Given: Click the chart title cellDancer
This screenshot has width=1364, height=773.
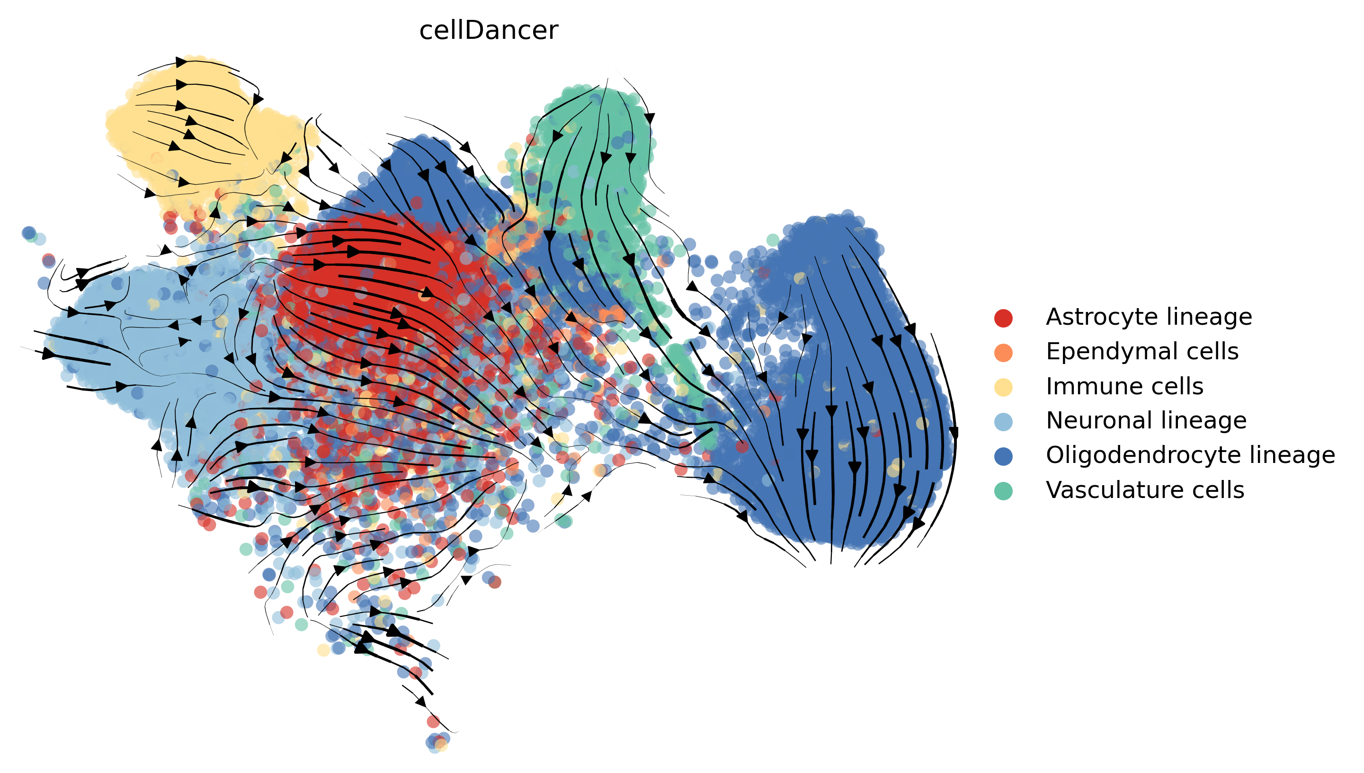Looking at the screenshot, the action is point(489,30).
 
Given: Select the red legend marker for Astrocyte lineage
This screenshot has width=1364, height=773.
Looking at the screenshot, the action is point(1003,318).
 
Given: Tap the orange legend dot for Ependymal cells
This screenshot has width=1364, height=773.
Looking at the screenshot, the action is point(1003,353).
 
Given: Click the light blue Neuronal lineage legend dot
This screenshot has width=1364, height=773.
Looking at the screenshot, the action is point(1003,422).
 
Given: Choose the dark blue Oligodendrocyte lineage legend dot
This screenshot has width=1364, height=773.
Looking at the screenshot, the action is point(1003,456).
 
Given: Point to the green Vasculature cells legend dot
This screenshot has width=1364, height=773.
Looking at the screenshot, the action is point(1003,490).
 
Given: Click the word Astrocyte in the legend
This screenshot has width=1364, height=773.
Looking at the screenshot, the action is point(1100,318).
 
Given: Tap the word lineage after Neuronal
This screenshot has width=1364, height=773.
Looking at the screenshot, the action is point(1202,421).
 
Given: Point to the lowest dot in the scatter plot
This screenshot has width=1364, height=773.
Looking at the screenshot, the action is point(434,746).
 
